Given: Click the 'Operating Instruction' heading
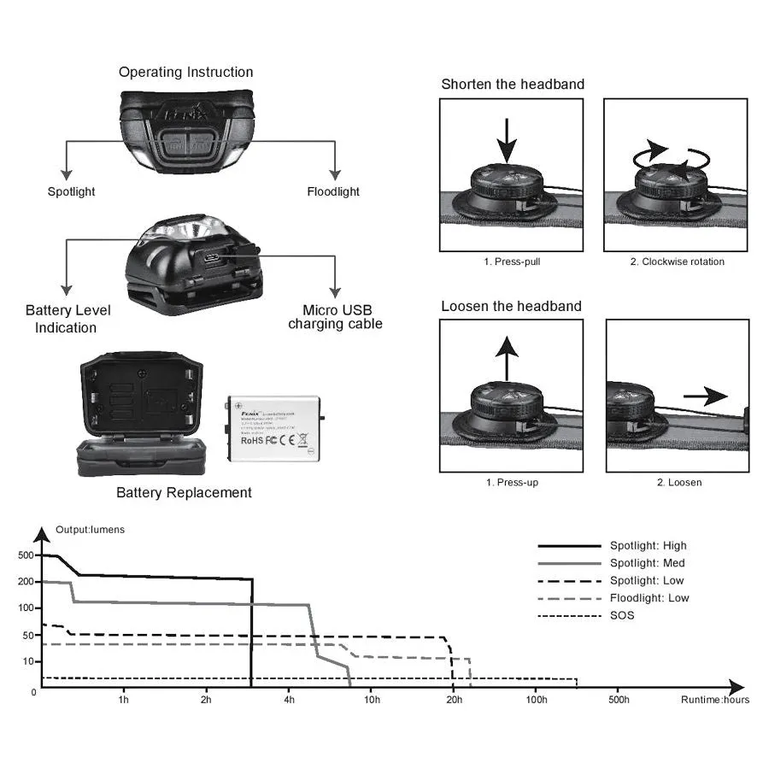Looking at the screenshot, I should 185,73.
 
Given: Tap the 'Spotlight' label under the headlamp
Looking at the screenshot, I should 71,191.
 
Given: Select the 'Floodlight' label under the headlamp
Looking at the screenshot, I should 333,191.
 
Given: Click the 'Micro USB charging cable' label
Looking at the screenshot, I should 335,317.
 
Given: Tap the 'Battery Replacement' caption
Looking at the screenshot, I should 184,493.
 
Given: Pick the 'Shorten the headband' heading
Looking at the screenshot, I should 513,84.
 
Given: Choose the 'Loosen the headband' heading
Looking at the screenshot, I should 511,306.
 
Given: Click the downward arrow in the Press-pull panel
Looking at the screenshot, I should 508,139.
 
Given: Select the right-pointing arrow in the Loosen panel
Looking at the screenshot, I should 705,396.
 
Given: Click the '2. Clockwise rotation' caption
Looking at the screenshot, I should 677,261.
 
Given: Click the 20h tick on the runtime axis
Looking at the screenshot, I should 454,701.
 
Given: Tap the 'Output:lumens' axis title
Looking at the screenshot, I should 90,530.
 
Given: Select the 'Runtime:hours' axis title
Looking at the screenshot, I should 715,701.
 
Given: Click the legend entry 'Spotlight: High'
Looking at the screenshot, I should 648,546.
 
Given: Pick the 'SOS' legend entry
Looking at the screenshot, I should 622,615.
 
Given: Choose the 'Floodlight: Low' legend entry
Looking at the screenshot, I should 649,598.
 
